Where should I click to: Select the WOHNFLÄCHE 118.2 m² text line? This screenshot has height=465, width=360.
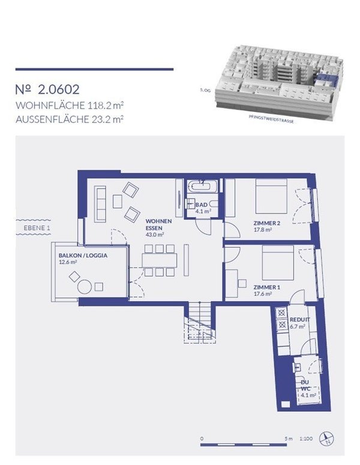70,106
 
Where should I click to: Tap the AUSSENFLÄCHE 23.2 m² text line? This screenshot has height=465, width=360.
70,119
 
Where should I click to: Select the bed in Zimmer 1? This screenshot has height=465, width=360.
277,262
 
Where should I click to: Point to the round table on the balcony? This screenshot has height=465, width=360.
86,287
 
